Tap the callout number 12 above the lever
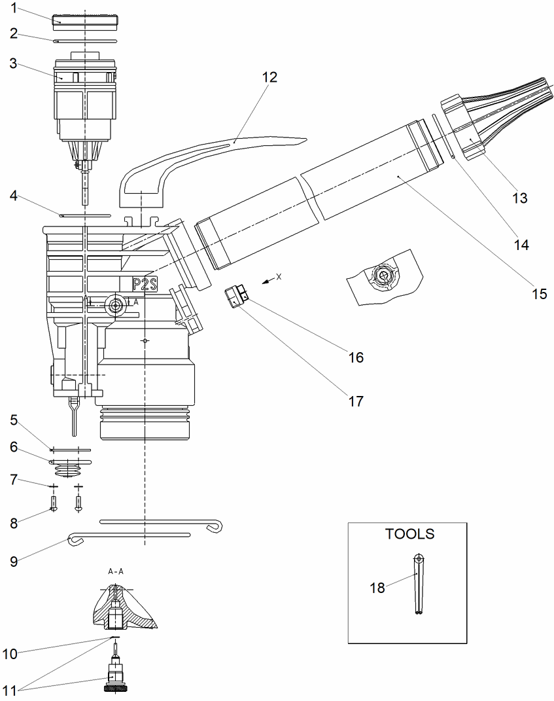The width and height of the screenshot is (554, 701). [x=269, y=77]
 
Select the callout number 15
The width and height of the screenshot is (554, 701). [x=538, y=294]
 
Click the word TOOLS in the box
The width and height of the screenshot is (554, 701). [x=409, y=533]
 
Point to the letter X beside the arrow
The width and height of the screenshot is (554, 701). [x=279, y=277]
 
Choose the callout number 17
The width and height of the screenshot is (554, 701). [x=355, y=401]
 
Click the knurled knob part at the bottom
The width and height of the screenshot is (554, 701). [x=114, y=687]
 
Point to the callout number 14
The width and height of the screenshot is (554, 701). [x=520, y=245]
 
